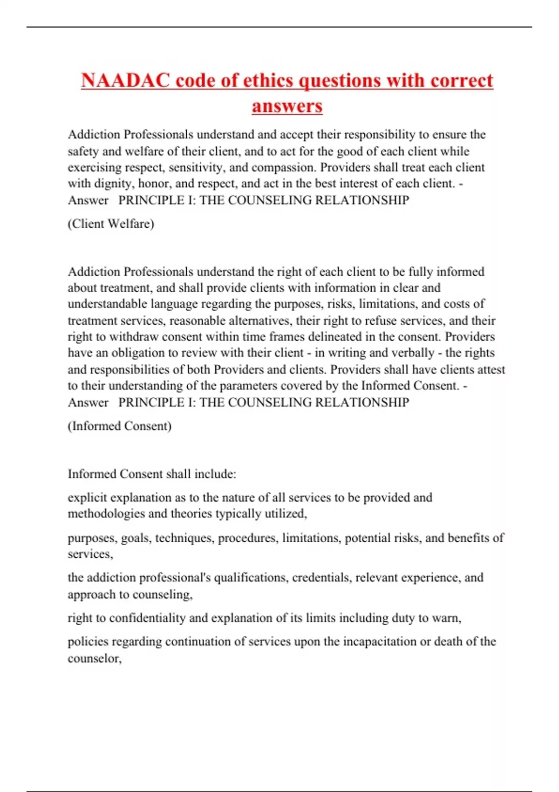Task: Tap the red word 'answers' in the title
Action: tap(287, 106)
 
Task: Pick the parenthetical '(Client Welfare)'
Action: tap(111, 224)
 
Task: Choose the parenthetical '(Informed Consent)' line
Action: tap(120, 426)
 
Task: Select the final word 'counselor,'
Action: tap(95, 658)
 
